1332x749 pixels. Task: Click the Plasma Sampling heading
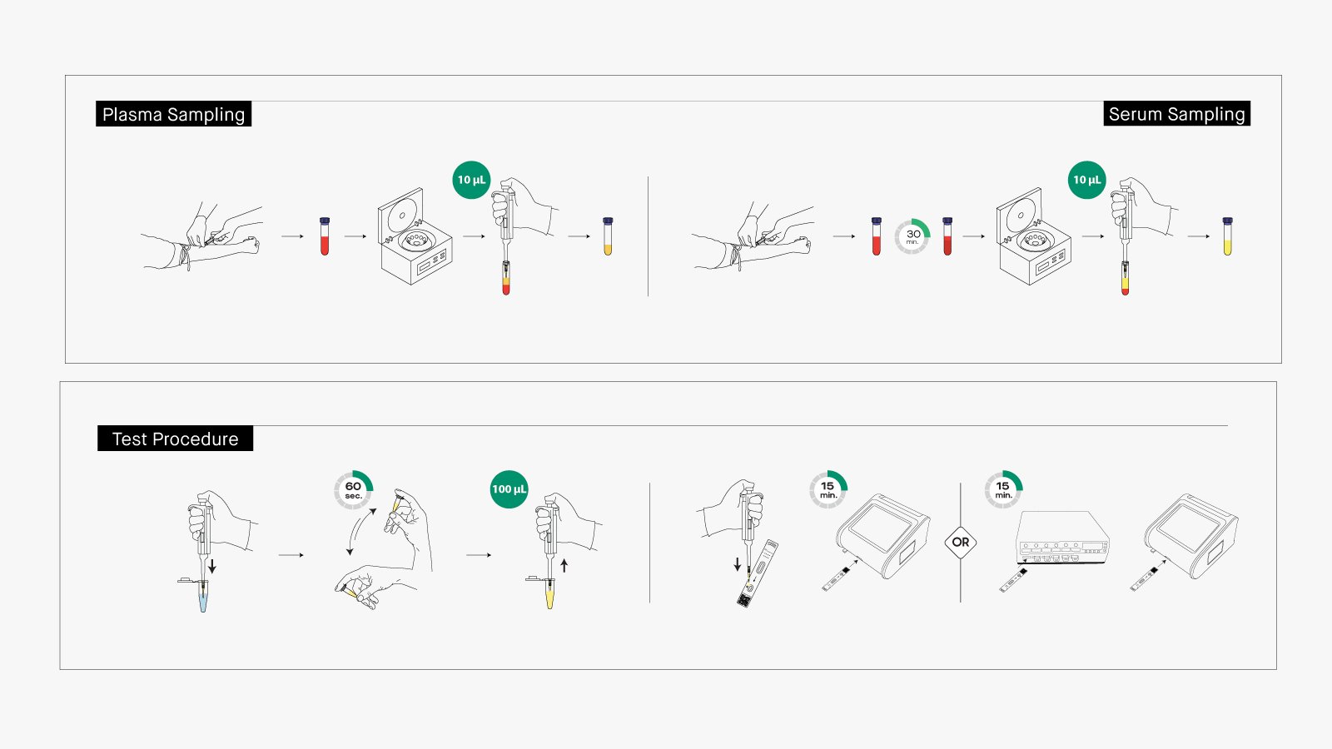pyautogui.click(x=173, y=114)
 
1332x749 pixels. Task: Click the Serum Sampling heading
pyautogui.click(x=1176, y=114)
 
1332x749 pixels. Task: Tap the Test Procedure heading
pyautogui.click(x=175, y=439)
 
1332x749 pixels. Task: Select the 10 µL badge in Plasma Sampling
pyautogui.click(x=471, y=180)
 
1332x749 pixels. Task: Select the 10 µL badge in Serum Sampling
pyautogui.click(x=1086, y=180)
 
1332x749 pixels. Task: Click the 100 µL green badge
pyautogui.click(x=509, y=489)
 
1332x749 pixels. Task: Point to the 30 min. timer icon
pyautogui.click(x=912, y=236)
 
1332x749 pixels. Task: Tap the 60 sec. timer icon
pyautogui.click(x=353, y=490)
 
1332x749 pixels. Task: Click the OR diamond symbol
pyautogui.click(x=961, y=542)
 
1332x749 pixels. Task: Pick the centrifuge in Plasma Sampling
pyautogui.click(x=414, y=238)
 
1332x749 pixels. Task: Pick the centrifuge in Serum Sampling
pyautogui.click(x=1032, y=238)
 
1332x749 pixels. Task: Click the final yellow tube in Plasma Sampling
pyautogui.click(x=608, y=236)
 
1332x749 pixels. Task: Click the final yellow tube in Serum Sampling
pyautogui.click(x=1227, y=236)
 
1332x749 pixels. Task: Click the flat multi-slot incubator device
pyautogui.click(x=1063, y=539)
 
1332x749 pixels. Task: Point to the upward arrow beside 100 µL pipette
pyautogui.click(x=564, y=565)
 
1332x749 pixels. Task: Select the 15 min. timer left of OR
pyautogui.click(x=828, y=490)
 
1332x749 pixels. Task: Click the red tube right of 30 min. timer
pyautogui.click(x=947, y=236)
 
